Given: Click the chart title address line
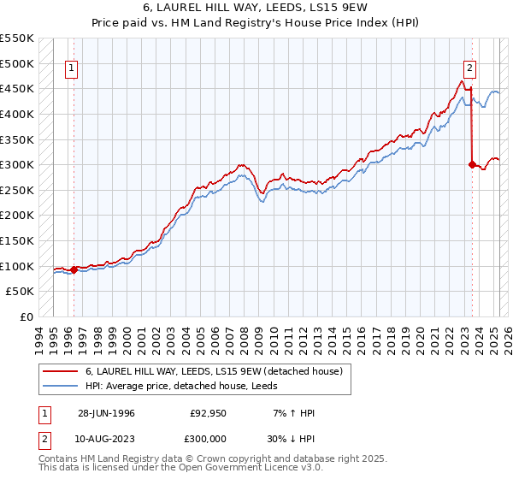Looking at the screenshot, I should pos(256,9).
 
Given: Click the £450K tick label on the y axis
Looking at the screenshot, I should pos(17,88).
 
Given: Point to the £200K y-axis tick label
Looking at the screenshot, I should pos(17,216).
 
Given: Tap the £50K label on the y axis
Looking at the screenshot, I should pos(21,292).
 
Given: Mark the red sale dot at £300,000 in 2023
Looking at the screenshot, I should pos(471,164).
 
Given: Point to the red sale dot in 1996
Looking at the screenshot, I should pos(74,269).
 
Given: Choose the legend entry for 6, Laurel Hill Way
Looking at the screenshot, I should pos(214,371).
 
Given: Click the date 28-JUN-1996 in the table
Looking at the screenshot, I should pos(106,412).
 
